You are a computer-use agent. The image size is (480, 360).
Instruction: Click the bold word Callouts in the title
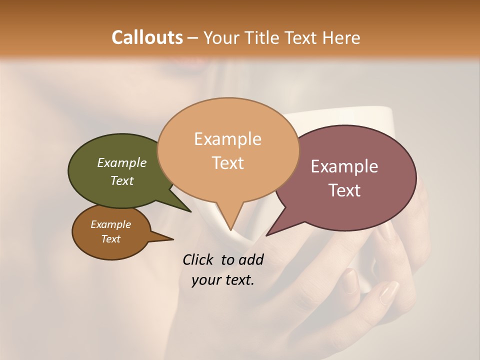(x=147, y=37)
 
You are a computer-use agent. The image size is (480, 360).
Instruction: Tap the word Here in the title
(x=341, y=37)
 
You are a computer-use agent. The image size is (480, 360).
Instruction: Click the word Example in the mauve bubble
(x=344, y=166)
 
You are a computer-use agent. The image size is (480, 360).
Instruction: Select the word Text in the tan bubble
(x=228, y=163)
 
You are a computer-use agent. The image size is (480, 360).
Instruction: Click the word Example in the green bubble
(x=122, y=163)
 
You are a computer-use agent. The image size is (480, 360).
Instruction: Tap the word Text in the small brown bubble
(x=111, y=239)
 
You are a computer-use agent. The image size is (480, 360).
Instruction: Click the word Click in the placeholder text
(x=199, y=259)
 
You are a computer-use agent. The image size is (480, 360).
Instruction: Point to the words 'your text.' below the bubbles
(x=223, y=280)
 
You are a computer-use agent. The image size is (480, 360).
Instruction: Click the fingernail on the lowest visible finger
(x=389, y=292)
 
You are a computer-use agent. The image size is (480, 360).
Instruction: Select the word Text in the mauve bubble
(x=345, y=190)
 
